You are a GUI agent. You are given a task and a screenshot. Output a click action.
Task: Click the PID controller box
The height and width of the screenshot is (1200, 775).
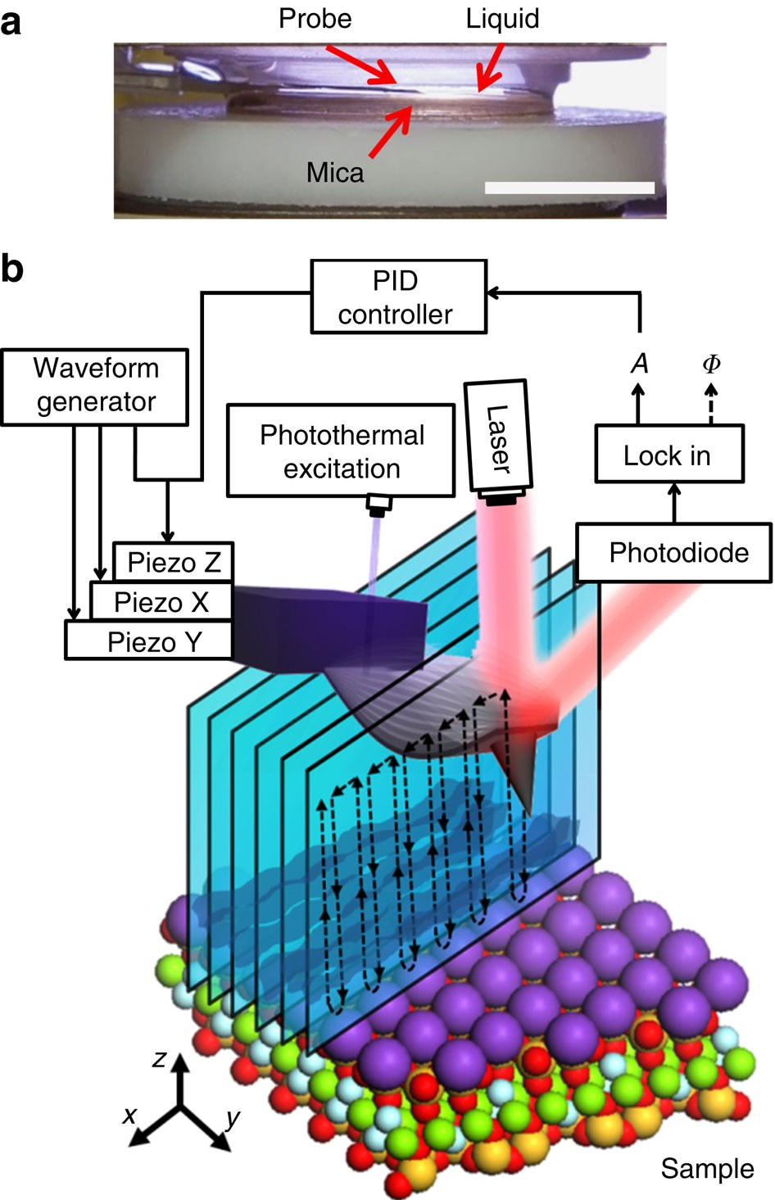pos(398,297)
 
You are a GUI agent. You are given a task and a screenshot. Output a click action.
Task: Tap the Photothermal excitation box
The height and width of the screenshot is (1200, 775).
pos(341,451)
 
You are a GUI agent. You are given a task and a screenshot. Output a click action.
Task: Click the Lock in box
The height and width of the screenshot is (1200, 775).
pos(668,455)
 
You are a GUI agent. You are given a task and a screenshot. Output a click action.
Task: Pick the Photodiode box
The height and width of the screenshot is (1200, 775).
pos(673,553)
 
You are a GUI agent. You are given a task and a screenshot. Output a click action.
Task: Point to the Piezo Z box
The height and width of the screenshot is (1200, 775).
pos(173,563)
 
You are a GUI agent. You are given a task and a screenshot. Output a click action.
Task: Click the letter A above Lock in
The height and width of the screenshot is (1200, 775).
pos(639,363)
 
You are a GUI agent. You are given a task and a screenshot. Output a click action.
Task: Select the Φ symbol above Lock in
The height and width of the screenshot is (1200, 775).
pos(711,363)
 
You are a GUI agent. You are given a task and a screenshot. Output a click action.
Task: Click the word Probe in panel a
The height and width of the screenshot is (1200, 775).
pos(315,19)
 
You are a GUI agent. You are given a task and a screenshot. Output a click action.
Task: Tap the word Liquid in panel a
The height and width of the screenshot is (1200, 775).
pos(502,19)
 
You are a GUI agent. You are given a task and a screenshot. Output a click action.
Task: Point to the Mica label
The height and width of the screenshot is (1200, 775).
pos(334,173)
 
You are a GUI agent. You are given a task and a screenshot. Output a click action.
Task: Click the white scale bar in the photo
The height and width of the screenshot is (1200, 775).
pos(569,188)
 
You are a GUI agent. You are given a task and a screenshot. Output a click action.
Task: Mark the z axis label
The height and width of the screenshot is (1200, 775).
pos(160,1058)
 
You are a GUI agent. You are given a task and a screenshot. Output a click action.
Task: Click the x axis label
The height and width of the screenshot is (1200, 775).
pos(129,1115)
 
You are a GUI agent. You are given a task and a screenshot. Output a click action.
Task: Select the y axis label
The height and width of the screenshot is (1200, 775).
pos(233,1117)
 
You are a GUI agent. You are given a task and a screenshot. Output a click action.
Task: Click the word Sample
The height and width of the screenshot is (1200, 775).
pos(707,1169)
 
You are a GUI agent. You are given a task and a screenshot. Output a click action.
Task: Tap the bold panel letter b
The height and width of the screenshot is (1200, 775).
pos(12,269)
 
